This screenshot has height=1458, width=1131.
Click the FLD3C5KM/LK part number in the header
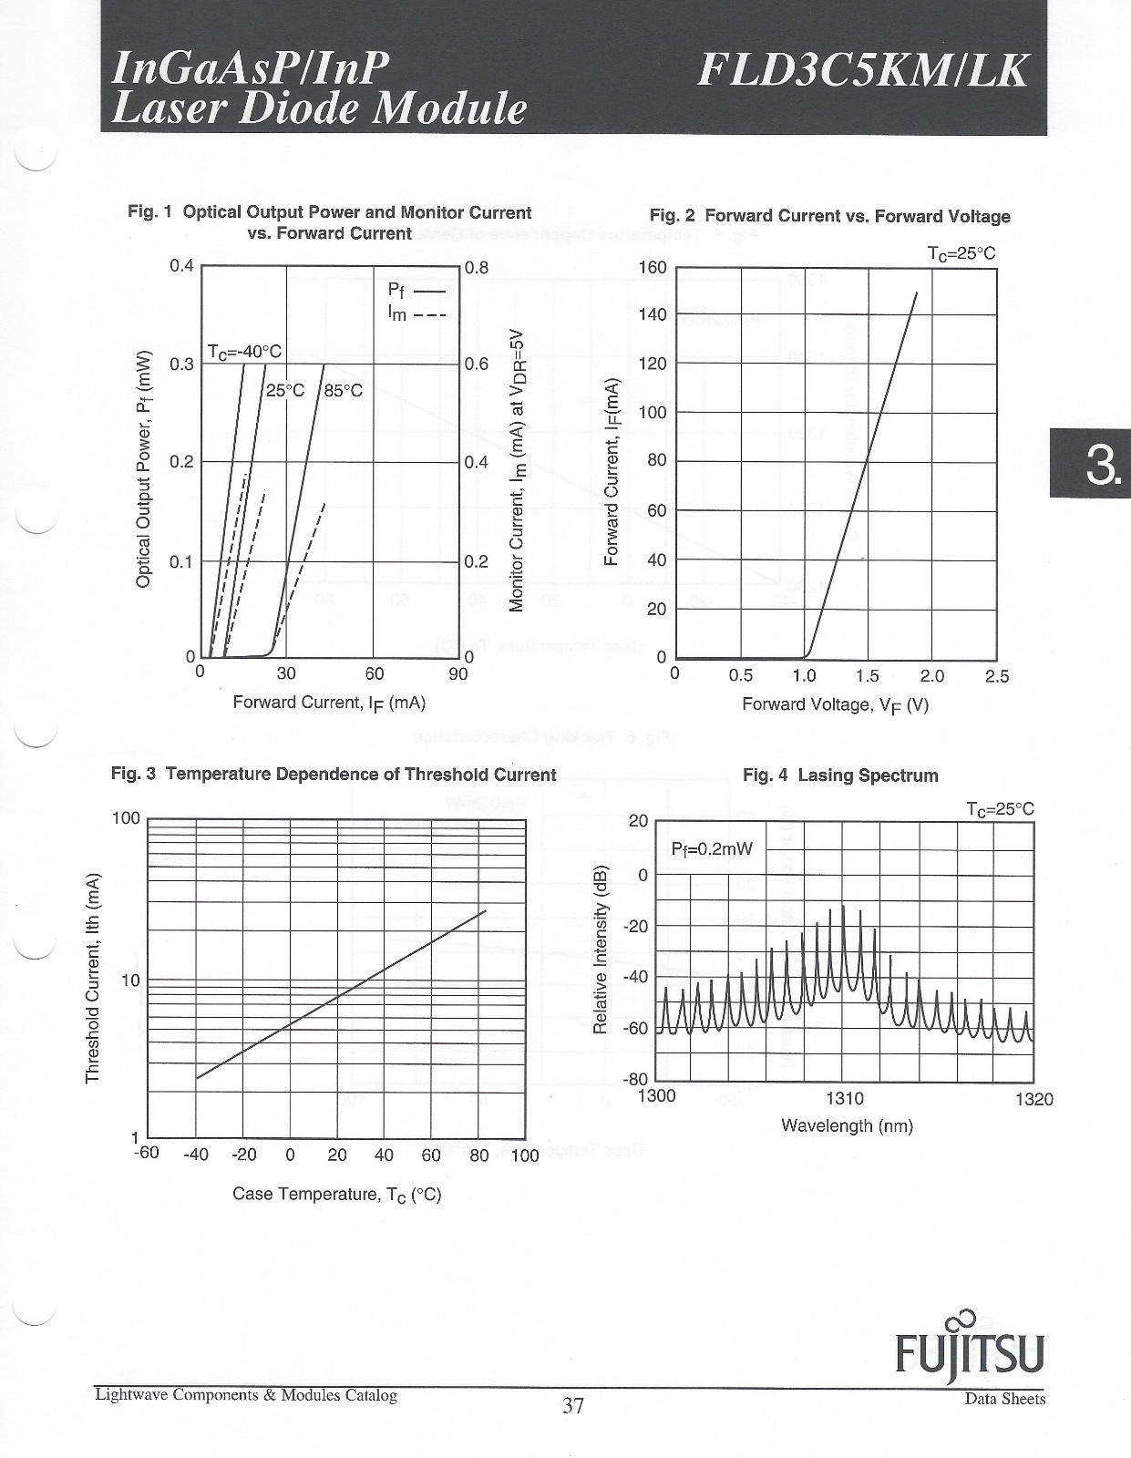pyautogui.click(x=862, y=72)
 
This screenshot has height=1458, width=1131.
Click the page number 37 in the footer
pyautogui.click(x=573, y=1404)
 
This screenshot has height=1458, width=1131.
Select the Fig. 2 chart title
pyautogui.click(x=830, y=216)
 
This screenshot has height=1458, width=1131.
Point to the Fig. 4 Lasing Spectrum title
pyautogui.click(x=840, y=775)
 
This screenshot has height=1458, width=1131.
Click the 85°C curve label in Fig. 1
pyautogui.click(x=343, y=391)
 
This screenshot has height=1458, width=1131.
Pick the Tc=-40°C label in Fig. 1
pyautogui.click(x=244, y=352)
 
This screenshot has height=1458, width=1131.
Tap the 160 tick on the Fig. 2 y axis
pyautogui.click(x=653, y=268)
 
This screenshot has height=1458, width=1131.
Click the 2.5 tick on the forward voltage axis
pyautogui.click(x=997, y=676)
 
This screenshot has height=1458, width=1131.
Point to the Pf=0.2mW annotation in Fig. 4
pyautogui.click(x=712, y=849)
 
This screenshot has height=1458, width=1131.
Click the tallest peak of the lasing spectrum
pyautogui.click(x=842, y=906)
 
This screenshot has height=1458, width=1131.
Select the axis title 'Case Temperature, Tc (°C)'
pyautogui.click(x=337, y=1195)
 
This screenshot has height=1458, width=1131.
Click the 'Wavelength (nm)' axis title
pyautogui.click(x=848, y=1125)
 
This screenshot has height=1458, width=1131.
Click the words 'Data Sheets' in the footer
pyautogui.click(x=1005, y=1400)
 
